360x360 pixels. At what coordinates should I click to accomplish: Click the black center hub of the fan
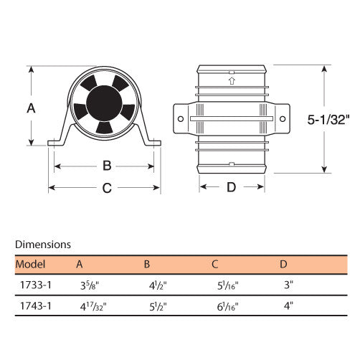pos(104,103)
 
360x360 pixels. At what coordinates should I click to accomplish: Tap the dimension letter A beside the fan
pos(31,108)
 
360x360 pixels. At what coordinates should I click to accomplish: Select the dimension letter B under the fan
pos(107,166)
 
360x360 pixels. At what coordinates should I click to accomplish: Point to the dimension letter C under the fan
pos(107,188)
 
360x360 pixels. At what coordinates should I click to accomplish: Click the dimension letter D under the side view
pos(231,187)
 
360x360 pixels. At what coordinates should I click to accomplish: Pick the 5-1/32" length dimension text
pos(328,120)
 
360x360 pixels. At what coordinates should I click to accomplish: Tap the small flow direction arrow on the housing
pos(232,81)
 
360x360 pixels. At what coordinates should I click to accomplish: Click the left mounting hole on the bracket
pos(181,119)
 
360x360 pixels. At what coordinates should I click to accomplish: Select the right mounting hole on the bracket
pos(283,119)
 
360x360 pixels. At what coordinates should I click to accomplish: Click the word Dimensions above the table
pos(43,245)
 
